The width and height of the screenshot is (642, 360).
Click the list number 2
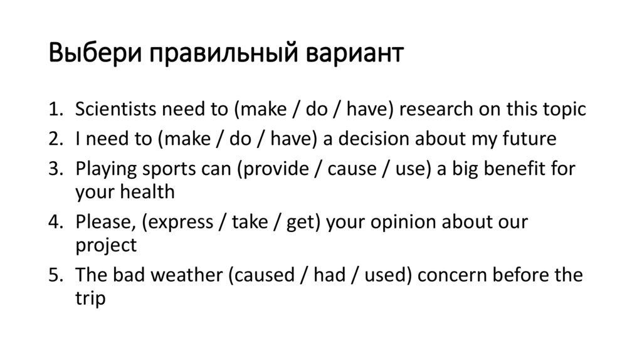point(56,139)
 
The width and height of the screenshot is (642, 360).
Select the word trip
point(90,298)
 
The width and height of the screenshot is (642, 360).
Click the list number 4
point(56,223)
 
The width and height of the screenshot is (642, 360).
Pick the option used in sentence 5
point(386,275)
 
